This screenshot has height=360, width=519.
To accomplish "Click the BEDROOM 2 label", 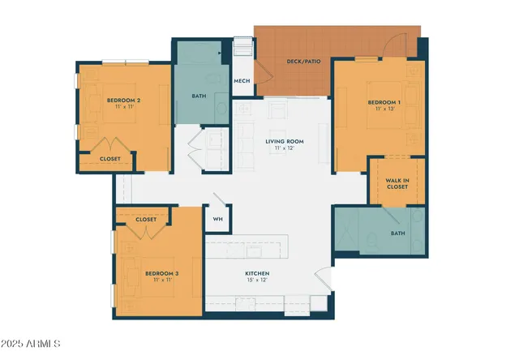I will (124, 101).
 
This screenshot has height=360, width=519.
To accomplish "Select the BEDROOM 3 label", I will (161, 273).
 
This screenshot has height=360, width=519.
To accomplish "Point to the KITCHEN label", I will (258, 273).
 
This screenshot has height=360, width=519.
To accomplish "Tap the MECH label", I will (242, 81).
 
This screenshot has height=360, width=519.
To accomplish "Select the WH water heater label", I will (217, 219).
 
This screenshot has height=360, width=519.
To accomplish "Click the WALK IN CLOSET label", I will (397, 183).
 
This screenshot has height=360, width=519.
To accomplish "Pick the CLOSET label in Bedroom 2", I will (110, 159).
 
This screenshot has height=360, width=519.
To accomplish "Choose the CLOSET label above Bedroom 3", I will (146, 219).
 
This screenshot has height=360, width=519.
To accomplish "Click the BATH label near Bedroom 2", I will (199, 96).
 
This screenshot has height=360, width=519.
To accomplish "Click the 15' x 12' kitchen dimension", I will (257, 281).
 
